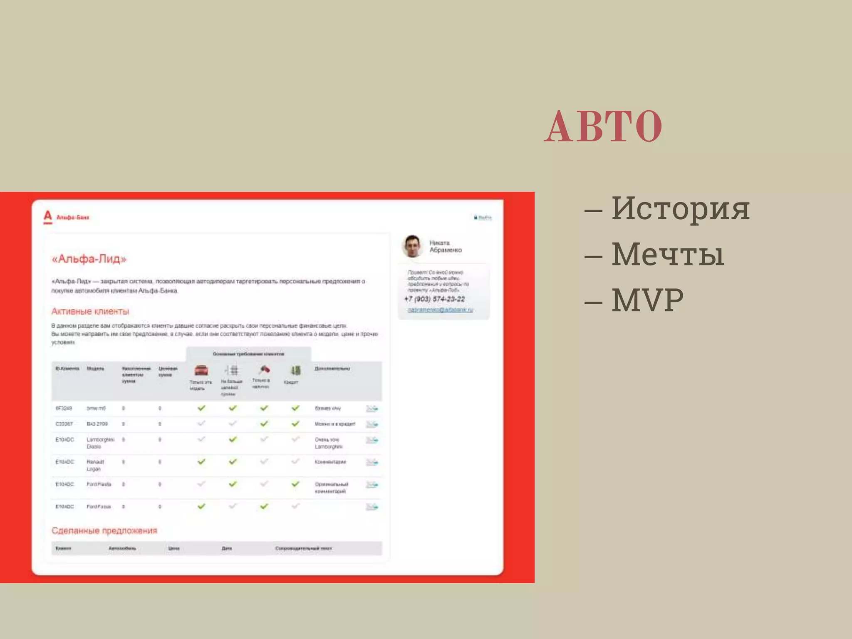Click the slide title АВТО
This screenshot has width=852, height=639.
[x=603, y=126]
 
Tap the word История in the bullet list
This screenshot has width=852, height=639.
[x=680, y=208]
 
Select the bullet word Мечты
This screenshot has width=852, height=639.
[x=668, y=254]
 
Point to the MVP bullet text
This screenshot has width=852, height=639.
[x=647, y=300]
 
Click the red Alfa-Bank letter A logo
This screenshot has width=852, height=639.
[x=48, y=216]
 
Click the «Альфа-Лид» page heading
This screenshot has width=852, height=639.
[x=89, y=259]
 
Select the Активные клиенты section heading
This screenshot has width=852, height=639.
[x=90, y=311]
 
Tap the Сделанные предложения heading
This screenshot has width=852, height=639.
[x=104, y=530]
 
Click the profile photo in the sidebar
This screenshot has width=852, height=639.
[x=412, y=246]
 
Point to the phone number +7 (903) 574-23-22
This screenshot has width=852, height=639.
[x=434, y=299]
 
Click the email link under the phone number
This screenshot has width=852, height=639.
[x=440, y=310]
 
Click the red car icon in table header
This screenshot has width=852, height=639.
[x=201, y=370]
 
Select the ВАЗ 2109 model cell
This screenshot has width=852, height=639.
[x=97, y=424]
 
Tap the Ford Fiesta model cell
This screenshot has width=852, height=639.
[x=99, y=484]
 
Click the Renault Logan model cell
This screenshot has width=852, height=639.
[x=95, y=465]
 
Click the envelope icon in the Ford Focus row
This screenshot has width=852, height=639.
[x=372, y=507]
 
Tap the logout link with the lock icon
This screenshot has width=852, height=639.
[x=483, y=217]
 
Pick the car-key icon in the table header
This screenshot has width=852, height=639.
[x=264, y=369]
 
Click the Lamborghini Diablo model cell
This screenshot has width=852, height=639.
[x=100, y=443]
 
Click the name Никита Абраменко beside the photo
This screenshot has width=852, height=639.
[x=446, y=246]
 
